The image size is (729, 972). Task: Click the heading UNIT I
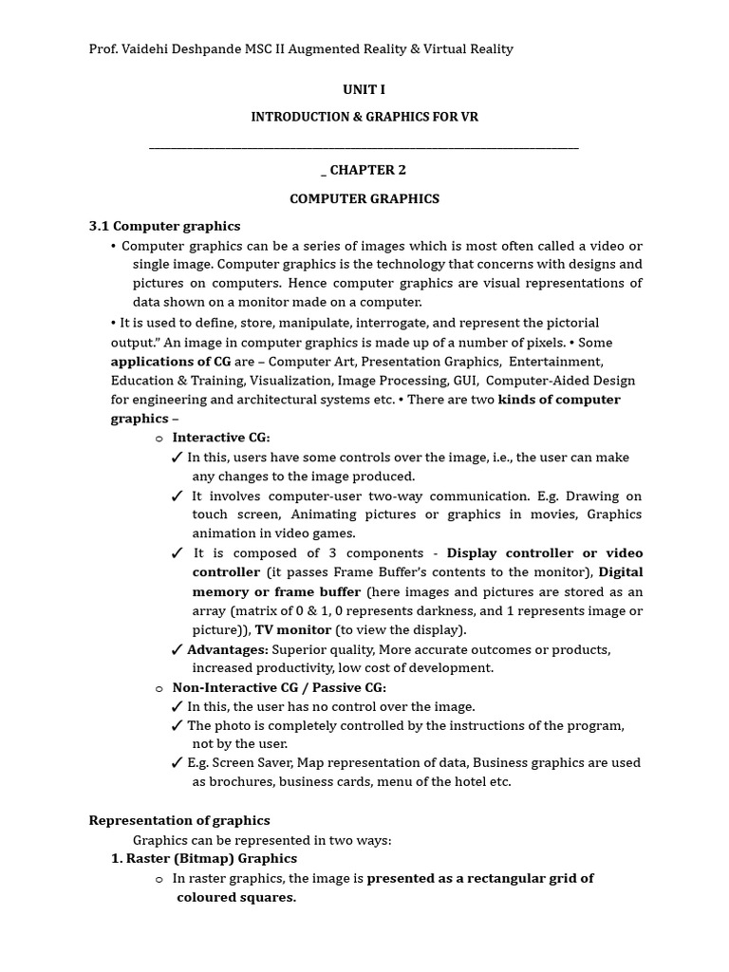(364, 89)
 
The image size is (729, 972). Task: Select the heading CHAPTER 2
(369, 170)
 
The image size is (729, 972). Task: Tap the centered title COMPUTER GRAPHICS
(364, 198)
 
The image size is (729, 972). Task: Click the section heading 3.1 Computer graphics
(164, 226)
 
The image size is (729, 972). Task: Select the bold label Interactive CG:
(221, 438)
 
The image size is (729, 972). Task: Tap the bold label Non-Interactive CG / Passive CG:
(279, 687)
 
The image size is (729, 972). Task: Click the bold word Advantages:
(228, 649)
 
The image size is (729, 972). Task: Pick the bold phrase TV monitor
(293, 629)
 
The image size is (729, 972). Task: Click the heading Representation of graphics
(179, 820)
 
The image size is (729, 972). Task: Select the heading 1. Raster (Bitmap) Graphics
(204, 858)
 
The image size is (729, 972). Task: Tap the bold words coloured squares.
(236, 897)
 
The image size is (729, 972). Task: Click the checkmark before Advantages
(177, 650)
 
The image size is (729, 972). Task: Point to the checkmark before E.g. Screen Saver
(177, 763)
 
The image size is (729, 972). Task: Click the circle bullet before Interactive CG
(159, 439)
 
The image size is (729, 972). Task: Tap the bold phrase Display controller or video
(544, 552)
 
